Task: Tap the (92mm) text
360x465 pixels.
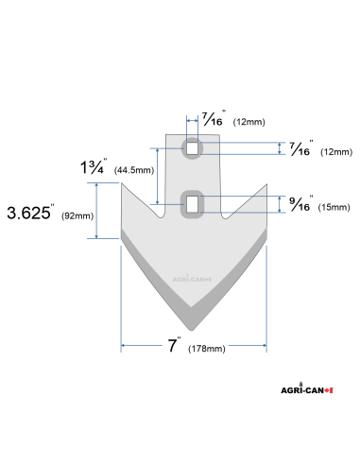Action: tap(77, 216)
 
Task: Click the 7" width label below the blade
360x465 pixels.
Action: tap(174, 345)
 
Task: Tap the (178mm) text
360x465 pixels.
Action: tap(205, 350)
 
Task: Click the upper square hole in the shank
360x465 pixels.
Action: tap(193, 148)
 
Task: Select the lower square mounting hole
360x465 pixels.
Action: tap(193, 202)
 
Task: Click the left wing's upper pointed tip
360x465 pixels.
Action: tap(122, 184)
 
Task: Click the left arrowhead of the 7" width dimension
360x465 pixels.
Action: tap(124, 347)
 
